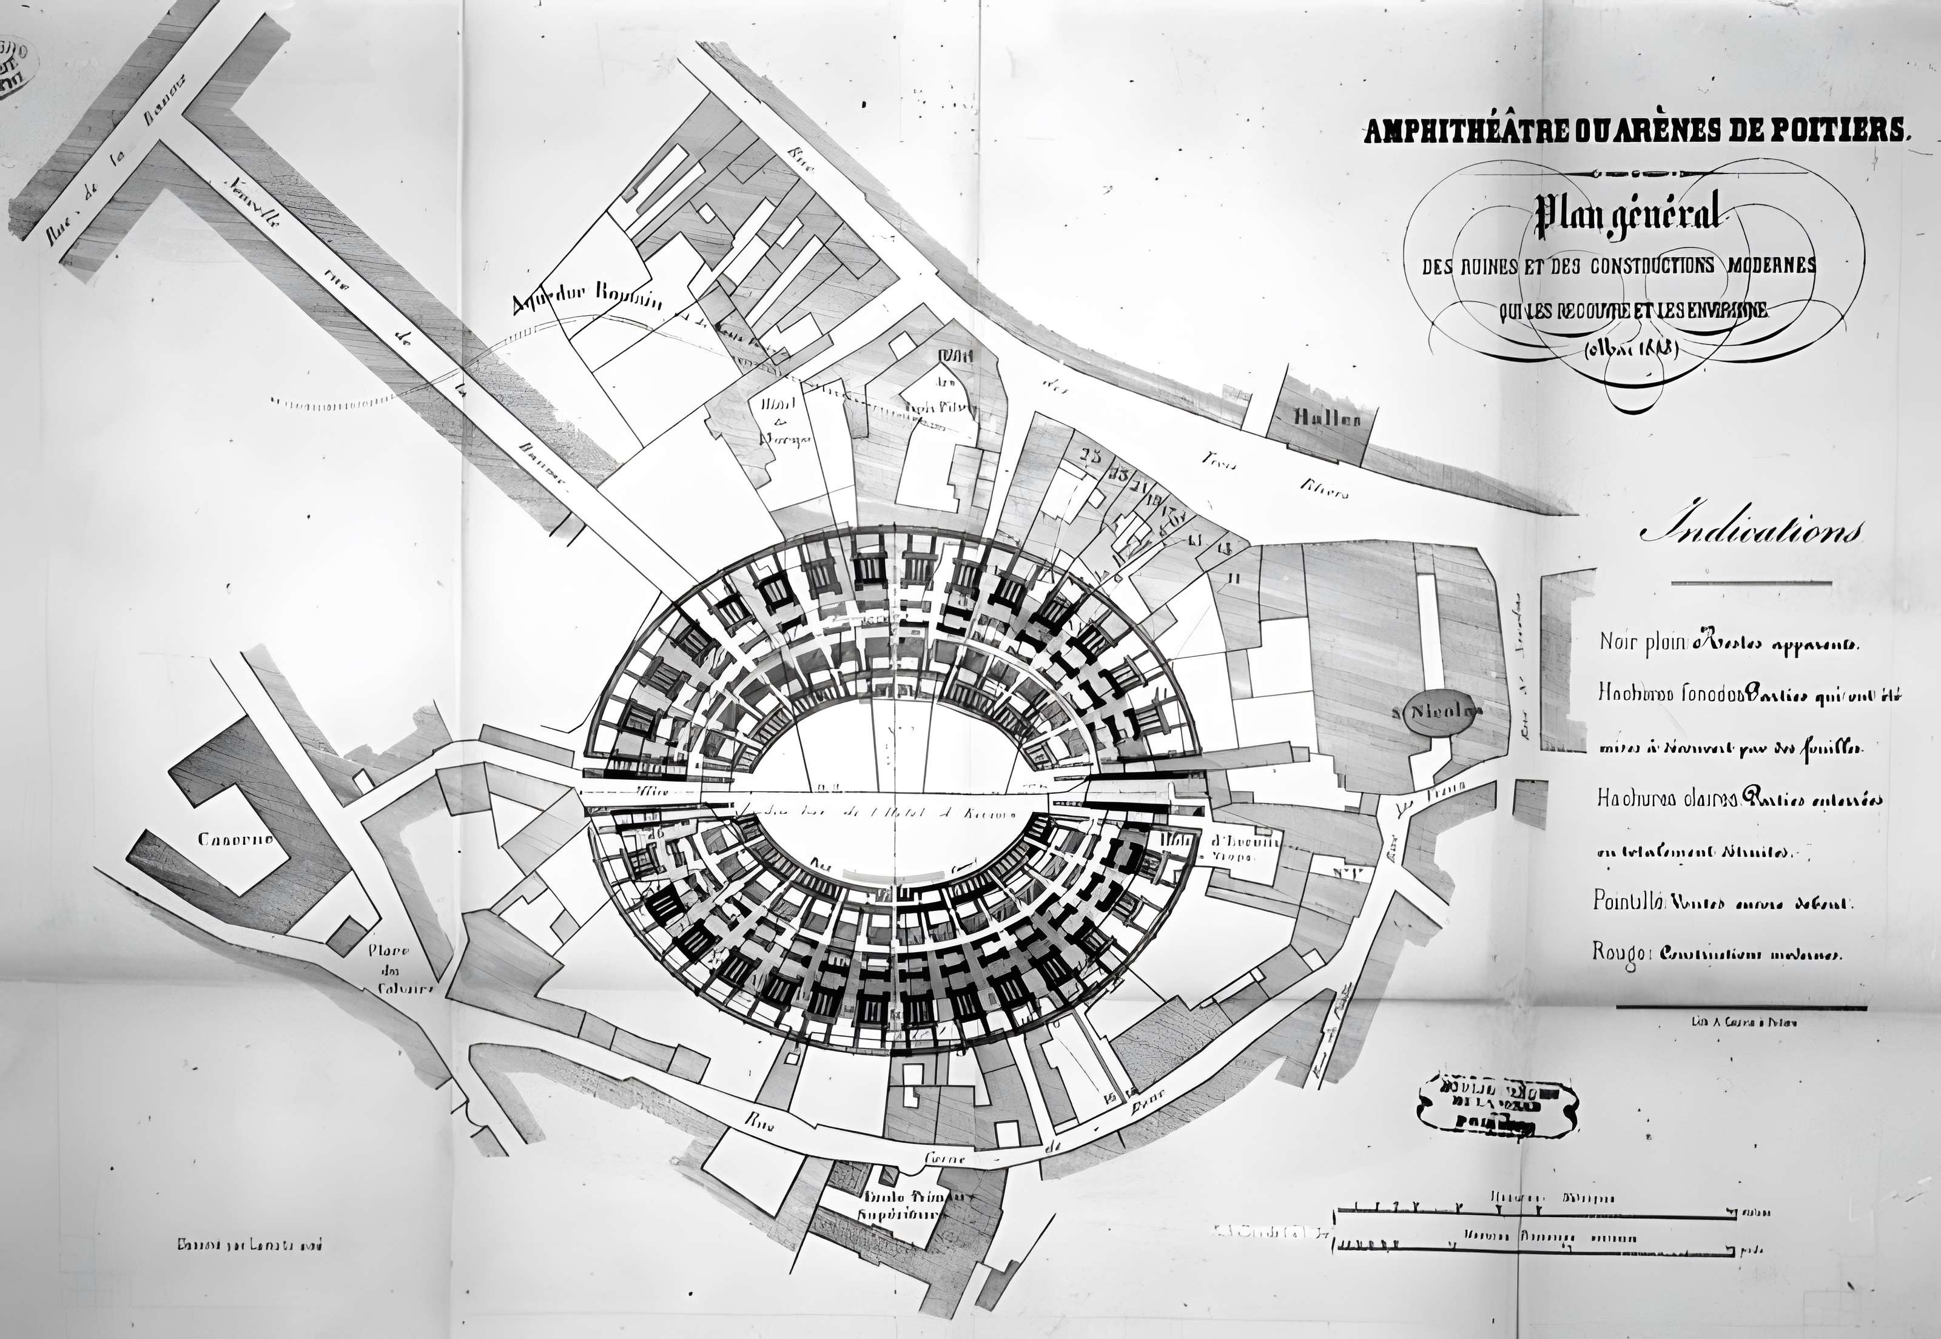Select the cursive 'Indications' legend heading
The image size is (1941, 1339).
pyautogui.click(x=1750, y=532)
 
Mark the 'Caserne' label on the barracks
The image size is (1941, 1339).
pyautogui.click(x=234, y=839)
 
